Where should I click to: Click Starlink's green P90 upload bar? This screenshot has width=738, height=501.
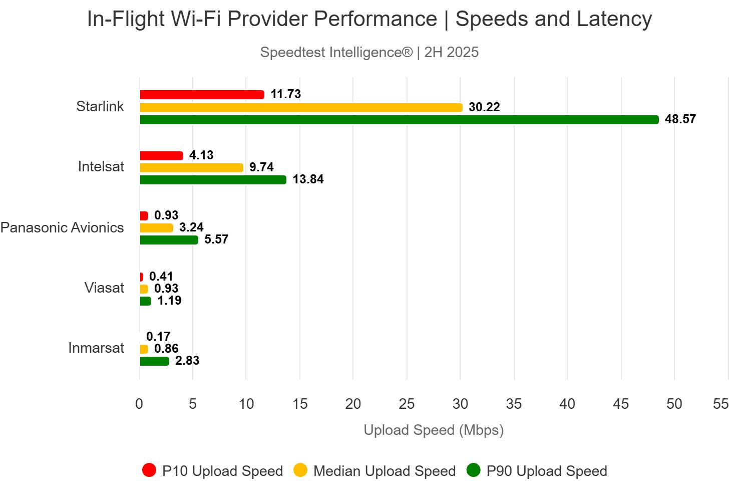pyautogui.click(x=399, y=120)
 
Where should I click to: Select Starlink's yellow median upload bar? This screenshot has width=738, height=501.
pyautogui.click(x=301, y=108)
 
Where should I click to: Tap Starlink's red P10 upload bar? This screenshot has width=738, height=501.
pyautogui.click(x=202, y=95)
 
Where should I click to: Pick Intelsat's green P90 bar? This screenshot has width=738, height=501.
pyautogui.click(x=213, y=180)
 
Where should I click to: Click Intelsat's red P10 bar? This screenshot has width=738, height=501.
pyautogui.click(x=161, y=156)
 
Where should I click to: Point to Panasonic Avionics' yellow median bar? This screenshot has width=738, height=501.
pyautogui.click(x=156, y=228)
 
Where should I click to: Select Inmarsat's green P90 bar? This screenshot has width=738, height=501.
pyautogui.click(x=154, y=361)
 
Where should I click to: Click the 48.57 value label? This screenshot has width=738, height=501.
pyautogui.click(x=680, y=119)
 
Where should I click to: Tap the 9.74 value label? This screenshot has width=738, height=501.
pyautogui.click(x=261, y=167)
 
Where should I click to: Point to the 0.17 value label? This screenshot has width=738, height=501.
pyautogui.click(x=158, y=337)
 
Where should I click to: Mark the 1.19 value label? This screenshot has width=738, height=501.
pyautogui.click(x=169, y=301)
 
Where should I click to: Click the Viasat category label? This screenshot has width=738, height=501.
pyautogui.click(x=104, y=288)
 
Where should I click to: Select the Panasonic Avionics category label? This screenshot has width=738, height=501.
pyautogui.click(x=62, y=228)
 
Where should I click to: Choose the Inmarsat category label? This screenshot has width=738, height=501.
pyautogui.click(x=96, y=348)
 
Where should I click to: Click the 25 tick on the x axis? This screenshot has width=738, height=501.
pyautogui.click(x=407, y=404)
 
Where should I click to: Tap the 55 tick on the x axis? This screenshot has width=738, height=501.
pyautogui.click(x=720, y=404)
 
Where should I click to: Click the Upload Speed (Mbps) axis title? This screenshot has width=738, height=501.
pyautogui.click(x=434, y=430)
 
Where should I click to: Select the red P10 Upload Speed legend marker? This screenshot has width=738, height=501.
pyautogui.click(x=149, y=470)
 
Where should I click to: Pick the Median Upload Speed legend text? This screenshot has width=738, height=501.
pyautogui.click(x=385, y=471)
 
